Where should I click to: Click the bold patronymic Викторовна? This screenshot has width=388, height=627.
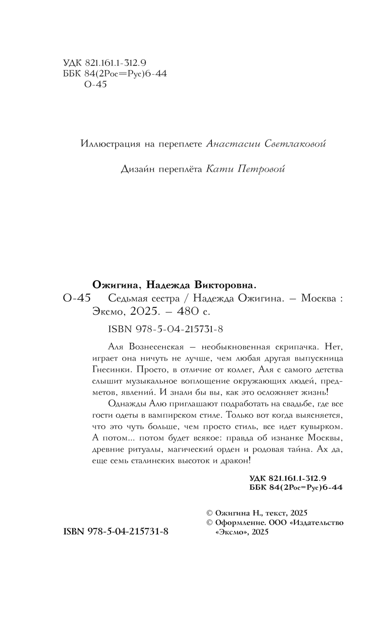225,286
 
